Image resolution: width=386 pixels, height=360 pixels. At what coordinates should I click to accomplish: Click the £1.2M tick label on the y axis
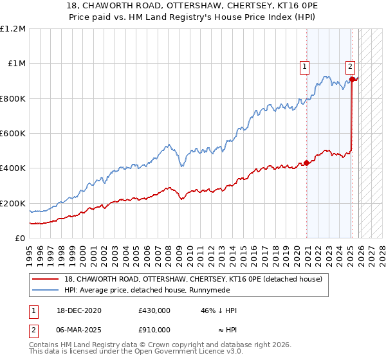tap(13, 29)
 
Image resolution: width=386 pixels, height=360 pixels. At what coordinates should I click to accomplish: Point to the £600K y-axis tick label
tap(13, 134)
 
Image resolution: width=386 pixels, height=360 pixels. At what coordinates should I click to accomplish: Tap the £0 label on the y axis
tap(19, 239)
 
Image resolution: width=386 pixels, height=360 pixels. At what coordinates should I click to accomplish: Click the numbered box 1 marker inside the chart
tap(304, 65)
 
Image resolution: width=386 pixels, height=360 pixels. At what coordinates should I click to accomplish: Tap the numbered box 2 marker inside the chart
tap(349, 65)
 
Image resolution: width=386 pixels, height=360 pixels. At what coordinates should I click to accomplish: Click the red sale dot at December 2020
tap(306, 163)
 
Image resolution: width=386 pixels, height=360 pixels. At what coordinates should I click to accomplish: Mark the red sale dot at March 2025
tap(353, 79)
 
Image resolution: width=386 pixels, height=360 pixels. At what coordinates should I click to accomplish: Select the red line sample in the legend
tap(46, 278)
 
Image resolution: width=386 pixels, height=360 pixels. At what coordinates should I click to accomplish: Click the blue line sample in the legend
tap(46, 290)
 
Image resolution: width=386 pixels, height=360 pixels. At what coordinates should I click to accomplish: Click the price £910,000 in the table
tap(154, 329)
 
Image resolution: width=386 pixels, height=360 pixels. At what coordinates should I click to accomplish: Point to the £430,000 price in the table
tap(154, 310)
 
